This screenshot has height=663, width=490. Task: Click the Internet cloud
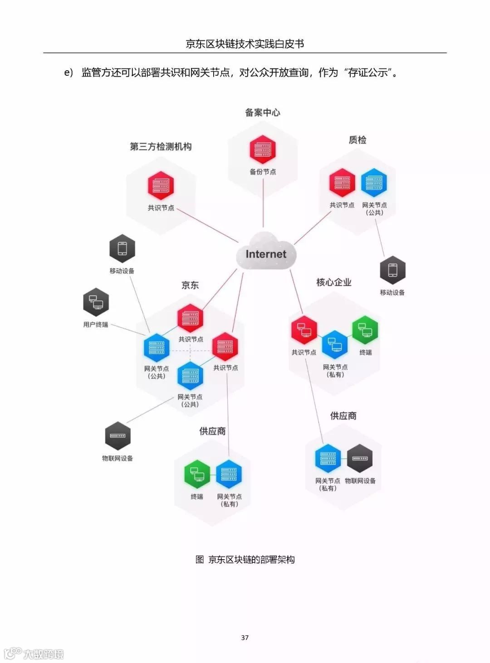click(266, 252)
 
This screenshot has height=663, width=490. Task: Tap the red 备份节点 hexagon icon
click(263, 149)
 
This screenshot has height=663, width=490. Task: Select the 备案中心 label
click(263, 112)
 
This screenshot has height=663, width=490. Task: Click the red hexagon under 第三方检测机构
click(161, 185)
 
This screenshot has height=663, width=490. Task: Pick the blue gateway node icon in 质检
click(374, 183)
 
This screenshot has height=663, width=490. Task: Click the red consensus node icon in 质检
click(342, 183)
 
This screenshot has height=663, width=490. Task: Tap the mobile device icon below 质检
click(392, 270)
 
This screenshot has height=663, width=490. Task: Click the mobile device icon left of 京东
click(122, 248)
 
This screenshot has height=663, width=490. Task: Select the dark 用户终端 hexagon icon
click(96, 302)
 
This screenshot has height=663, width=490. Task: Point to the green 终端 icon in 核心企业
click(365, 329)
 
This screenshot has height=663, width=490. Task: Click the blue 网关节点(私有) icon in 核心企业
click(335, 344)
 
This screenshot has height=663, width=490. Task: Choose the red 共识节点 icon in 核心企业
click(304, 329)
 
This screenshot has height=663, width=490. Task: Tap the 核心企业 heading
click(334, 282)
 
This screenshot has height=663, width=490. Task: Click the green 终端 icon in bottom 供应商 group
click(197, 474)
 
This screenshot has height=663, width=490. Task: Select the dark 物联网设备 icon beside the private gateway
click(360, 458)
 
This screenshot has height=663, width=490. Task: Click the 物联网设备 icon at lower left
click(118, 436)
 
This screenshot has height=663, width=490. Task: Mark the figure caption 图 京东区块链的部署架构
click(245, 560)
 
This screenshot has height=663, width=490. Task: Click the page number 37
click(245, 638)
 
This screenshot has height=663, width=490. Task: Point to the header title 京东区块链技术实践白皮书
click(245, 44)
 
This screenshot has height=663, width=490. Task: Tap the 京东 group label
click(190, 285)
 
